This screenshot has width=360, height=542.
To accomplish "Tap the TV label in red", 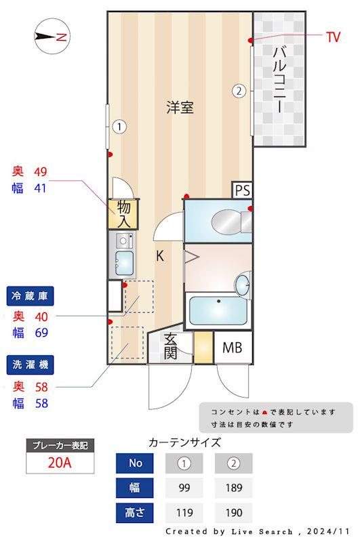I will (x=332, y=37).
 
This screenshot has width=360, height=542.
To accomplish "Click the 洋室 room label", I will (x=180, y=107).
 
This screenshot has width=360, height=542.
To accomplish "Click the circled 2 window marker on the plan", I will (x=239, y=90).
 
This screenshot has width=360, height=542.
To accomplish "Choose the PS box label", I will (x=242, y=190).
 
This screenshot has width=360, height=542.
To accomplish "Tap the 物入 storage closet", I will (x=124, y=214).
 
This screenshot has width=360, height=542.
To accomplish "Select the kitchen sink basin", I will (x=123, y=260).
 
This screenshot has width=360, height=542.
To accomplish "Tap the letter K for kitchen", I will (x=159, y=256).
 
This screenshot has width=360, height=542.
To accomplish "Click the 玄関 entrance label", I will (x=170, y=347).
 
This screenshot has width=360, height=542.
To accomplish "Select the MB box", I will (x=233, y=349).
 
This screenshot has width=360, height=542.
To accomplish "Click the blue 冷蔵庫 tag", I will (x=31, y=295).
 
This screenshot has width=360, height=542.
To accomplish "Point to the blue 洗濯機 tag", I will (x=31, y=365).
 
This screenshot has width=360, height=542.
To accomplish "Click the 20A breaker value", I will (x=60, y=464).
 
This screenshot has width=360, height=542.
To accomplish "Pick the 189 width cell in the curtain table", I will (x=233, y=488).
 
